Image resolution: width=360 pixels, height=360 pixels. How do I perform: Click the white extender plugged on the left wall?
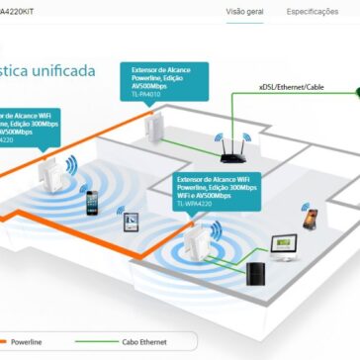(46, 172)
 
